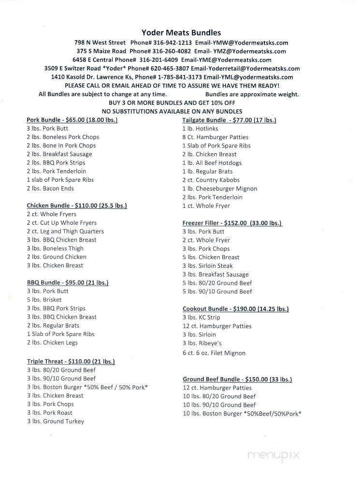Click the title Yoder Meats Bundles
pyautogui.click(x=181, y=33)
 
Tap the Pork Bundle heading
pyautogui.click(x=72, y=120)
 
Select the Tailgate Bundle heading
pyautogui.click(x=229, y=120)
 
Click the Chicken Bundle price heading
pyautogui.click(x=77, y=205)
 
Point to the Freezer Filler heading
pyautogui.click(x=232, y=223)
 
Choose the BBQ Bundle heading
pyautogui.click(x=68, y=282)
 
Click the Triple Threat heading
pyautogui.click(x=71, y=361)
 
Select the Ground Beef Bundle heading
pyautogui.click(x=237, y=379)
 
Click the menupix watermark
pyautogui.click(x=274, y=455)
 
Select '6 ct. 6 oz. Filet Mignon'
pyautogui.click(x=214, y=353)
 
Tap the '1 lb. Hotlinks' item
pyautogui.click(x=200, y=129)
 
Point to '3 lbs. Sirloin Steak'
pyautogui.click(x=207, y=265)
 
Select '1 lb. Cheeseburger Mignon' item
pyautogui.click(x=219, y=189)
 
